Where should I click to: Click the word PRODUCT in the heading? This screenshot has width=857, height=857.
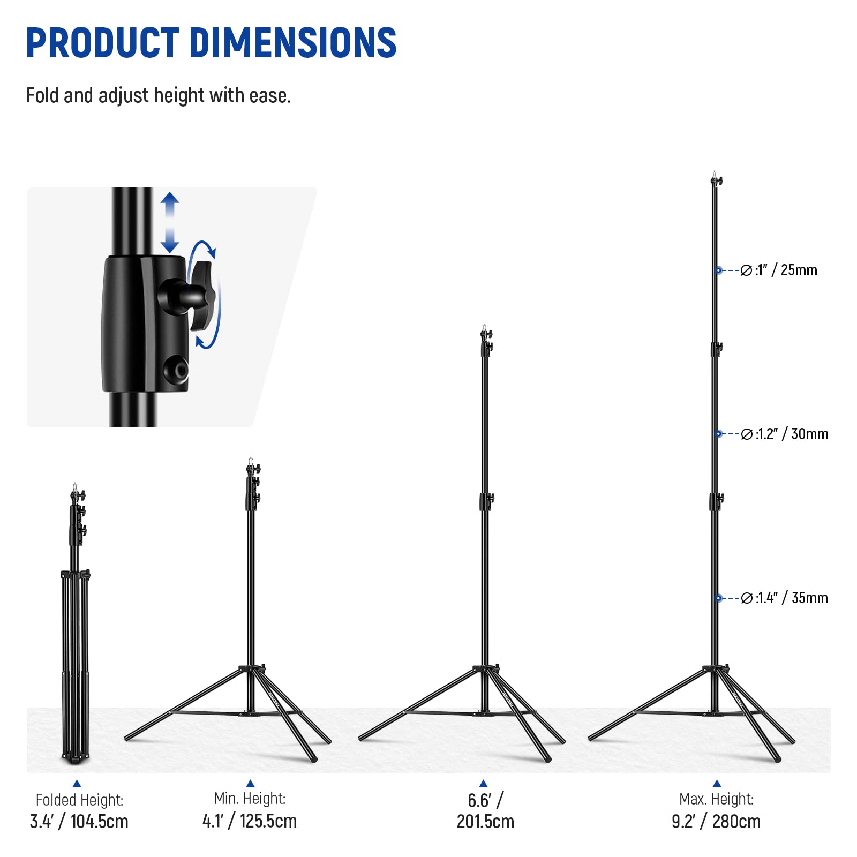click(102, 42)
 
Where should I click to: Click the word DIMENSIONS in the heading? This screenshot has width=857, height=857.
click(293, 42)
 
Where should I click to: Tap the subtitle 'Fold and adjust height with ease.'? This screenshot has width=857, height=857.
click(159, 96)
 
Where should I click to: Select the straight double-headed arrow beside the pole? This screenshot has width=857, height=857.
click(170, 222)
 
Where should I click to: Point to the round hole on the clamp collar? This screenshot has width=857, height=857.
click(176, 369)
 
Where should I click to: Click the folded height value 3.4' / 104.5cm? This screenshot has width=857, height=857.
click(79, 821)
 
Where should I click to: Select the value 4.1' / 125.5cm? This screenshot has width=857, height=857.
click(250, 821)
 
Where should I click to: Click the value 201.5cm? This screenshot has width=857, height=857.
click(485, 821)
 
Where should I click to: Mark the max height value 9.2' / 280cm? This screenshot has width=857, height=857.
click(716, 821)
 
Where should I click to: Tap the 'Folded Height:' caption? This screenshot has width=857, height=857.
click(79, 800)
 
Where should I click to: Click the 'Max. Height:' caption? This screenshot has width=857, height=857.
click(716, 799)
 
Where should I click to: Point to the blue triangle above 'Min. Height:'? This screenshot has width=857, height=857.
click(250, 784)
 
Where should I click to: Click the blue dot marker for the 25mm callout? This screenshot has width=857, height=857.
click(718, 270)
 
